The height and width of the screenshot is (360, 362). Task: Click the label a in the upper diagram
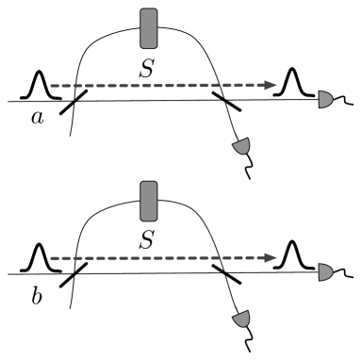37,118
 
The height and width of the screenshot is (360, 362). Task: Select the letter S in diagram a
146,70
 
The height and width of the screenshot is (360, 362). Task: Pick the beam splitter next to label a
74,101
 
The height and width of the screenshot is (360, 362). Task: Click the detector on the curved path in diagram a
242,147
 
